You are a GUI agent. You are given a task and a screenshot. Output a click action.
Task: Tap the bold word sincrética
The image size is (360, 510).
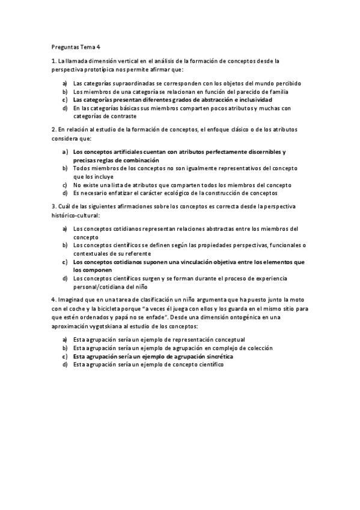point(215,356)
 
